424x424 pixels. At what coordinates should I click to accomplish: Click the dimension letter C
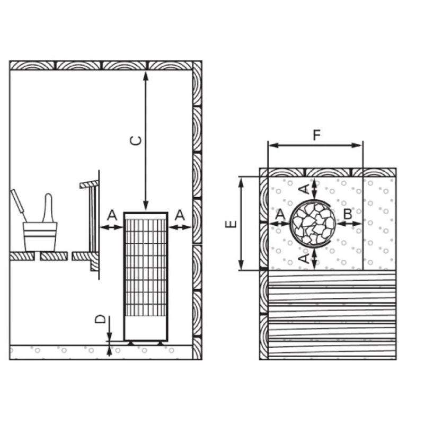pyautogui.click(x=136, y=141)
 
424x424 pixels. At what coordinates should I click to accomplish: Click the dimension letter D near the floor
pyautogui.click(x=99, y=319)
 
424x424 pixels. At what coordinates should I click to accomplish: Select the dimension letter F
pyautogui.click(x=316, y=135)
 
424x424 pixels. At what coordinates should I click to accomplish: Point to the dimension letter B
pyautogui.click(x=348, y=215)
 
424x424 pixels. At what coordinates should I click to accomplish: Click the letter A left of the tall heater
pyautogui.click(x=112, y=215)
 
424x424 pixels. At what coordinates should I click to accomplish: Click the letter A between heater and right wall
pyautogui.click(x=180, y=215)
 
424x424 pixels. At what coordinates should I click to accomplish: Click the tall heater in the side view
pyautogui.click(x=146, y=276)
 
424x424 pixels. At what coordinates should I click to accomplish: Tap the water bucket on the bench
pyautogui.click(x=40, y=236)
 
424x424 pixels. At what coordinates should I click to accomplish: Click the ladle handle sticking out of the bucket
pyautogui.click(x=48, y=207)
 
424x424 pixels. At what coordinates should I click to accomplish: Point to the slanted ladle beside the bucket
pyautogui.click(x=18, y=205)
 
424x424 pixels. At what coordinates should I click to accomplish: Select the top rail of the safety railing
pyautogui.click(x=89, y=184)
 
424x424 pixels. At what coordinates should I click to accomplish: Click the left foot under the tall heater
pyautogui.click(x=130, y=343)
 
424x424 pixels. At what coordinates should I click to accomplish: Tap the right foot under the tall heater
pyautogui.click(x=160, y=343)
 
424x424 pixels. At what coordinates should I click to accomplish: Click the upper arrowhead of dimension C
pyautogui.click(x=146, y=74)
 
